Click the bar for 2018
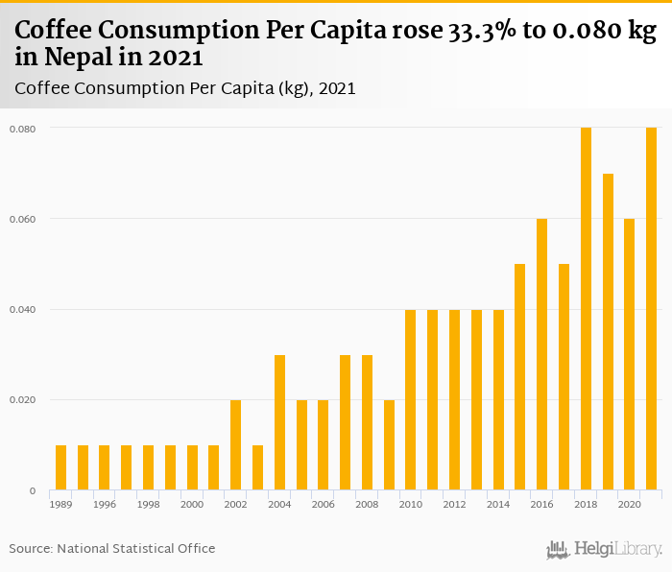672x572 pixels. (x=586, y=309)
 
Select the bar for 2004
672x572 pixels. (x=279, y=422)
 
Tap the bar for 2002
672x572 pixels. (x=235, y=445)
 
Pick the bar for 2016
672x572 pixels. (x=541, y=354)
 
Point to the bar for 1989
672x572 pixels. (x=60, y=467)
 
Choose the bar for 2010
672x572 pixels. (x=410, y=400)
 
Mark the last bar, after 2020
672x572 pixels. (x=651, y=309)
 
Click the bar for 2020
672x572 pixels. (x=629, y=354)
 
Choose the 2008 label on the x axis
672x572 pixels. (x=367, y=504)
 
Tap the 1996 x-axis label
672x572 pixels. (x=105, y=504)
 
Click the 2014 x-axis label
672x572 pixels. (x=498, y=504)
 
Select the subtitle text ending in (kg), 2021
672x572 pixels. (x=185, y=88)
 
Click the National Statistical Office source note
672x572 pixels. (x=112, y=548)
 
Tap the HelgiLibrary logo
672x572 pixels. (x=605, y=549)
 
